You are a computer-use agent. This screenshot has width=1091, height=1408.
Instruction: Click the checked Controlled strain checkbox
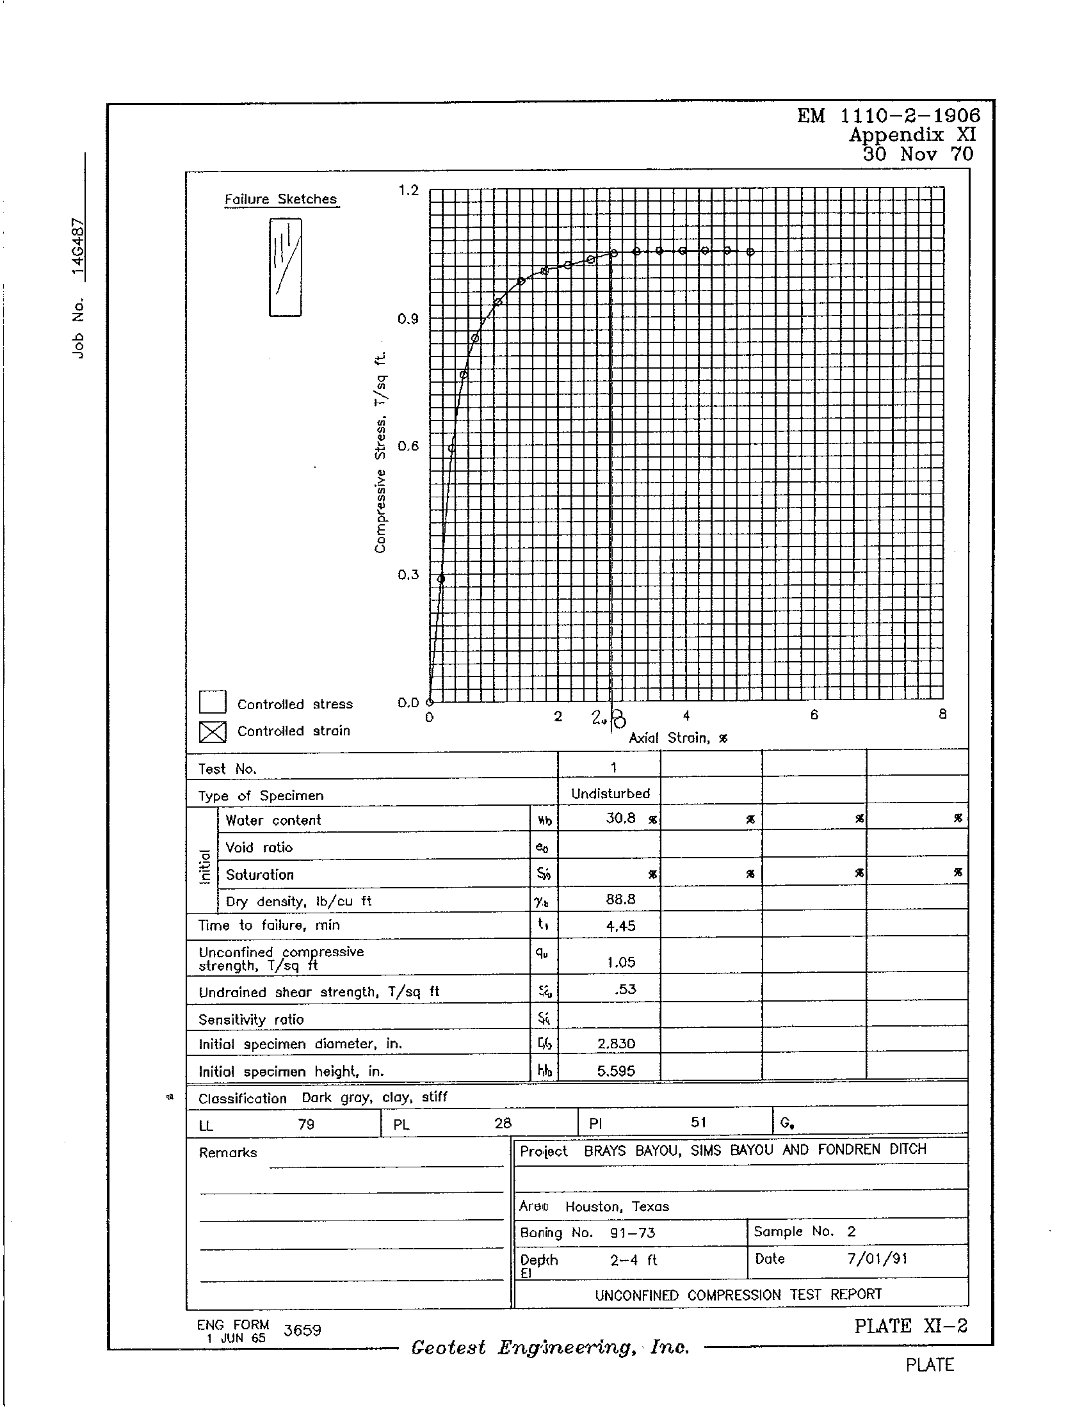[x=212, y=731]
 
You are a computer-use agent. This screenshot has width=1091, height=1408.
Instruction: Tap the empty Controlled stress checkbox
[x=212, y=703]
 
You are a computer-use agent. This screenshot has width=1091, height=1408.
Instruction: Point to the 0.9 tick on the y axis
[x=408, y=319]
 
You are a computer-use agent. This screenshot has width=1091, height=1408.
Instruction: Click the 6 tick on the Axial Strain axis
[x=814, y=715]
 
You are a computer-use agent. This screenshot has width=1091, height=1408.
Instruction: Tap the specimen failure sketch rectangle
[x=285, y=267]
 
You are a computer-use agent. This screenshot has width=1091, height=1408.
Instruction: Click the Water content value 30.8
[x=621, y=819]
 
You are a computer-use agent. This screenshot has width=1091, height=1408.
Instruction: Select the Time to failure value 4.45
[x=621, y=927]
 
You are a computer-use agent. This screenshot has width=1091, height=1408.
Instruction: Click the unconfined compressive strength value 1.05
[x=621, y=963]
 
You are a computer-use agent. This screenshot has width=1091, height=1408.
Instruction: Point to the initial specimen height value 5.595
[x=617, y=1071]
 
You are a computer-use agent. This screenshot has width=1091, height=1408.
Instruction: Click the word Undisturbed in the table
[x=610, y=794]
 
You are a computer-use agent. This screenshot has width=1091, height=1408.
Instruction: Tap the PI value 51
[x=699, y=1123]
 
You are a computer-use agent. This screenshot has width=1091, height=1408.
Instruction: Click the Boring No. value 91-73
[x=633, y=1233]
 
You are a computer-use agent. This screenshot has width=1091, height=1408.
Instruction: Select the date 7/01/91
[x=877, y=1259]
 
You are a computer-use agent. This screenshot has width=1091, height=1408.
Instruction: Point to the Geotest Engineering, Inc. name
[x=550, y=1348]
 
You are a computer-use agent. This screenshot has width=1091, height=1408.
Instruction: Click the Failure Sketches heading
[x=280, y=199]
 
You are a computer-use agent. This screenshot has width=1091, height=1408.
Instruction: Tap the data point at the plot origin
[x=430, y=702]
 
